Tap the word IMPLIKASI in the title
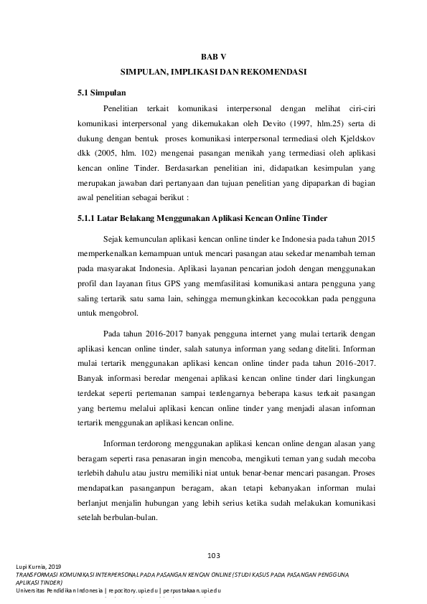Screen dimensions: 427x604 tap(198, 72)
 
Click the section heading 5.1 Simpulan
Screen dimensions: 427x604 tap(102, 93)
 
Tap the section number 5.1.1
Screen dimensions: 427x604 tap(87, 217)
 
